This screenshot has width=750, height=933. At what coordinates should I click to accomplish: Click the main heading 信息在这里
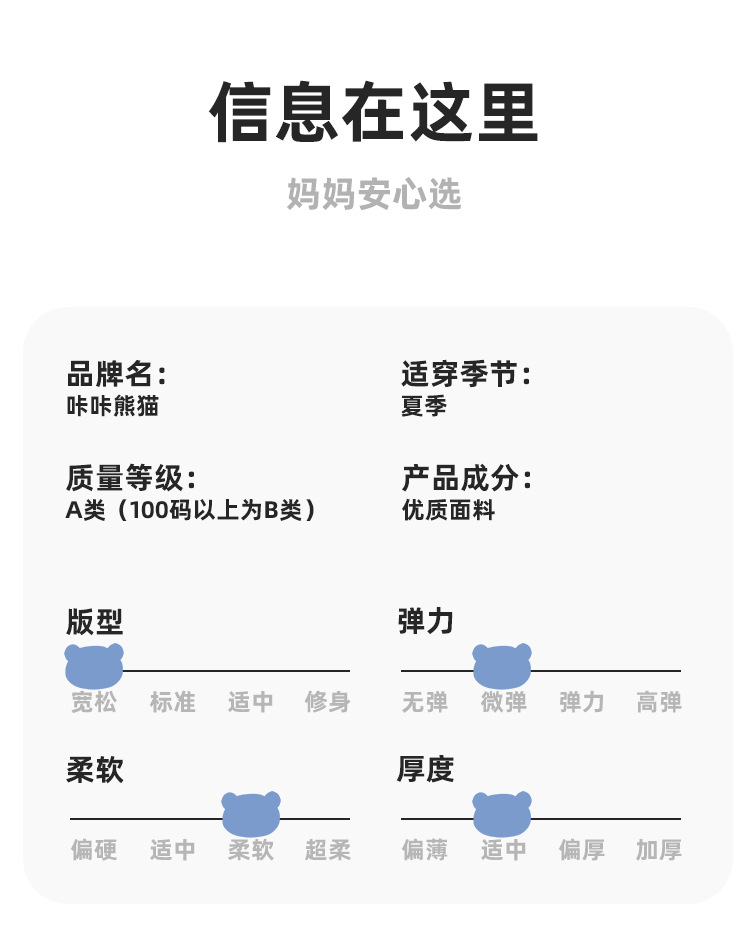374,113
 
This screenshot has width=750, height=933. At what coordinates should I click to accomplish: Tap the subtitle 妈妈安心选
374,194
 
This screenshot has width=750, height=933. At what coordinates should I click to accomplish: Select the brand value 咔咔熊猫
112,406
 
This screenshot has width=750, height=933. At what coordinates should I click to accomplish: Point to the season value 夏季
423,406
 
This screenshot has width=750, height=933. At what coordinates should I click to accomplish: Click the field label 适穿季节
465,375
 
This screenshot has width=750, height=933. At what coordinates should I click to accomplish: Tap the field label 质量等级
131,478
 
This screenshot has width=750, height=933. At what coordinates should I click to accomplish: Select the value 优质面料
448,510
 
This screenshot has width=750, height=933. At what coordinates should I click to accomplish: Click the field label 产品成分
465,478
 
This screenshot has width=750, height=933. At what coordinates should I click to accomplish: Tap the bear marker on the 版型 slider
94,666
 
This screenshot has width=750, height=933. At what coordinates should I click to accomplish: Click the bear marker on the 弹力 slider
502,666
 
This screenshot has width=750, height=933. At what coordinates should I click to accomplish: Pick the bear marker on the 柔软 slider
251,814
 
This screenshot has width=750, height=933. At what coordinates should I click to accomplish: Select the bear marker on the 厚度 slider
502,814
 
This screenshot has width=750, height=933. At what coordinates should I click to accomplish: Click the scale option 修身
328,702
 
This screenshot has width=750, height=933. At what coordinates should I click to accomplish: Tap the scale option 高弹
659,702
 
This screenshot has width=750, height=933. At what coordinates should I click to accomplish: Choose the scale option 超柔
328,850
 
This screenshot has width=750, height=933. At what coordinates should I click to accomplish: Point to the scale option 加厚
659,850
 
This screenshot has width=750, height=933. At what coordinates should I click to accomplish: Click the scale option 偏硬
94,850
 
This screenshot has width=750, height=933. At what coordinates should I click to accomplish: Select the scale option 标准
172,702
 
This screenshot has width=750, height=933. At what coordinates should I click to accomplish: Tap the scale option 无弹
425,702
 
